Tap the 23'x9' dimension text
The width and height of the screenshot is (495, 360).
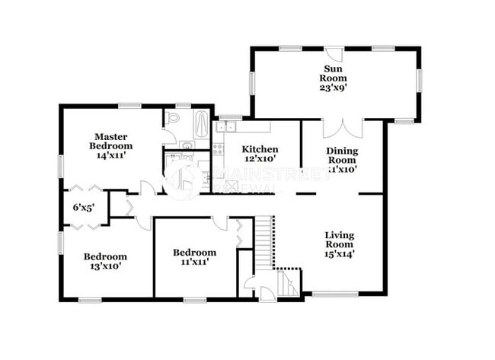334,87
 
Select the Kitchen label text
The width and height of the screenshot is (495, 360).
260,149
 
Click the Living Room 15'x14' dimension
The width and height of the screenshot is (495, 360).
339,254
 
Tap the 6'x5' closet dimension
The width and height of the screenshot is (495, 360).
83,206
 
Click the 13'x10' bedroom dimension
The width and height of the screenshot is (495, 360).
105,266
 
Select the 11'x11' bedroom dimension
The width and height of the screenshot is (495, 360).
193,262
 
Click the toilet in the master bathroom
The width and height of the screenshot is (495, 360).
173,119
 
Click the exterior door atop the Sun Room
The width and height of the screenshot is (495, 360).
334,55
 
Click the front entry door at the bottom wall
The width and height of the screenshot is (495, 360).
264,294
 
